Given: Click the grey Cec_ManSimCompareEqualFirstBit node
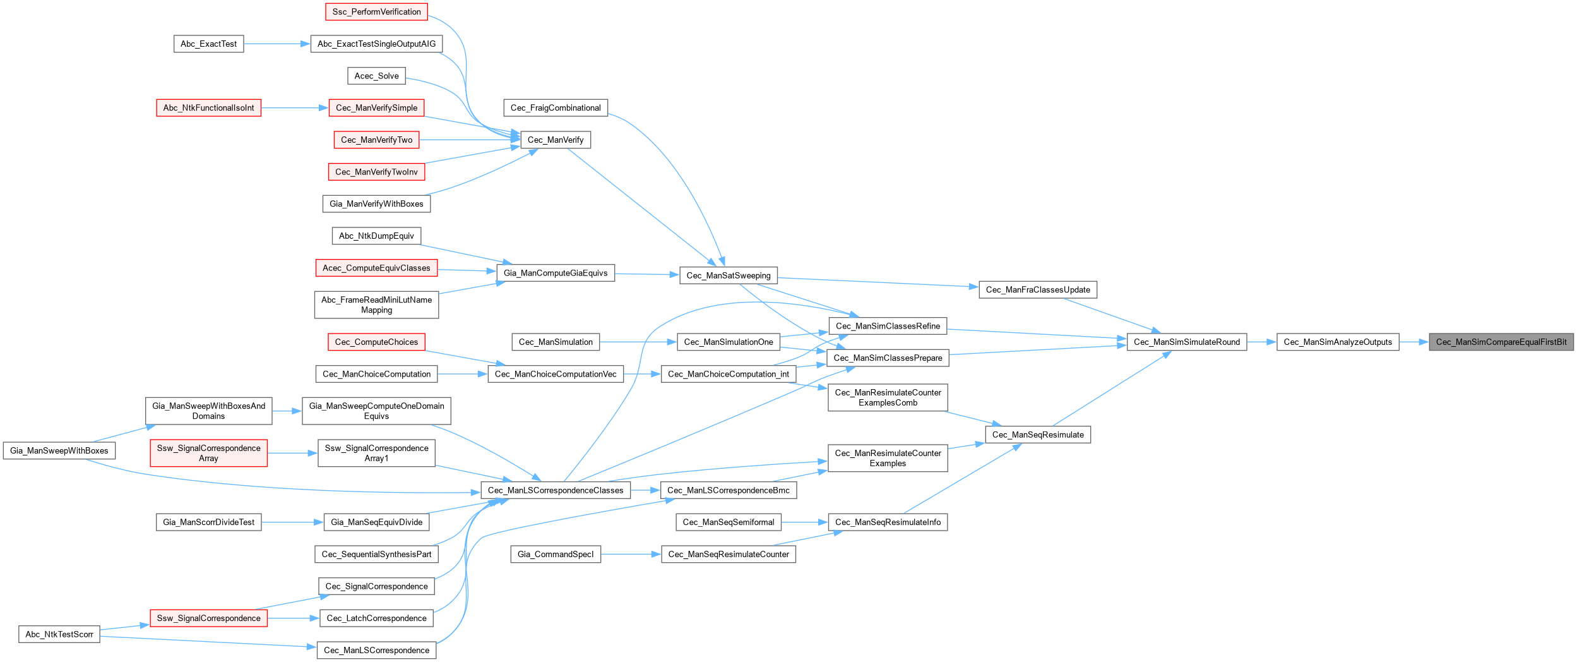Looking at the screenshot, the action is coord(1501,342).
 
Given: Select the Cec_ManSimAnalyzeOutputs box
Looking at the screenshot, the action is coord(1338,342).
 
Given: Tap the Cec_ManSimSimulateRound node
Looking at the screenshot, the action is coord(1187,342).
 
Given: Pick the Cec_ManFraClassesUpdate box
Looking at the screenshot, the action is coord(1038,290).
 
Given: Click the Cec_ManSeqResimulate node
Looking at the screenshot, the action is coord(1038,435).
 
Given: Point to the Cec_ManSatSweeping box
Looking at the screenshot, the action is coord(729,275).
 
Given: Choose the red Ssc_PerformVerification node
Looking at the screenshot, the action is coord(376,11).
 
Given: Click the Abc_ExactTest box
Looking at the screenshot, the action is coord(208,44).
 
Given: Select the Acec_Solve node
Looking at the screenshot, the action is coord(376,76).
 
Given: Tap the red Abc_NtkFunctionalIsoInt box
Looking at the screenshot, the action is coord(208,108).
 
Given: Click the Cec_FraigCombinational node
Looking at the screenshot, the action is coord(556,108).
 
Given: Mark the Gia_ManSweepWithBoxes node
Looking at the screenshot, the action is coord(59,450).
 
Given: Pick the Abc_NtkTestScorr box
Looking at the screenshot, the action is coord(59,634).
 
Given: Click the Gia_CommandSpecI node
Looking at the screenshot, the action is coord(556,554).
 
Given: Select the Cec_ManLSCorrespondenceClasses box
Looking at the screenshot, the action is coord(556,490).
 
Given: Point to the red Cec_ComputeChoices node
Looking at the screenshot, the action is coord(376,342).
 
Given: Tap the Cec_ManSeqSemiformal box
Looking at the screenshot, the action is coord(729,522).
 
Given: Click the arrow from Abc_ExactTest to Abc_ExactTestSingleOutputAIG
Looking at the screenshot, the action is coord(277,44).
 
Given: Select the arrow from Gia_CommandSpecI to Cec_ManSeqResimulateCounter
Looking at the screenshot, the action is coord(631,554).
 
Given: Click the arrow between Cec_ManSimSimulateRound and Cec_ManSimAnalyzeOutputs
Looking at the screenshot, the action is coord(1262,342).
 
